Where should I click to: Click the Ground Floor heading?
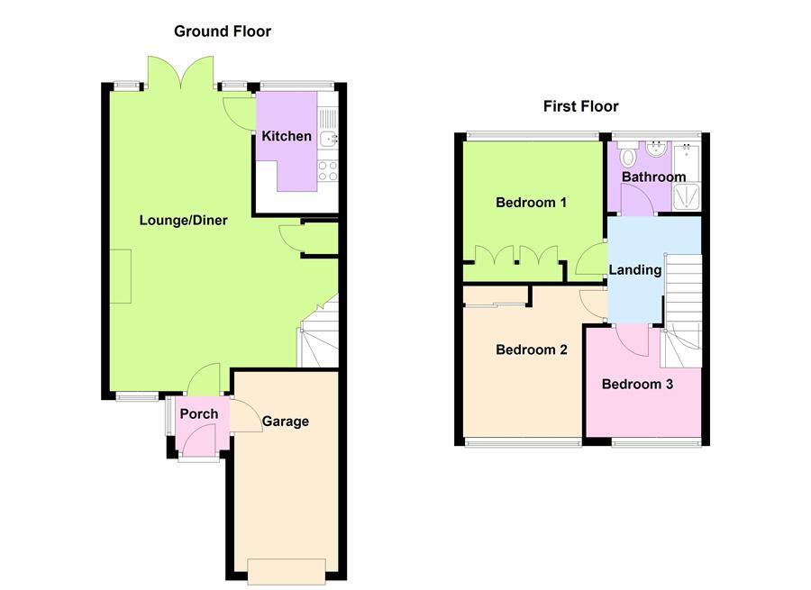tap(222, 32)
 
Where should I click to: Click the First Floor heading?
tap(580, 106)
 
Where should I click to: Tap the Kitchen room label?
tap(287, 137)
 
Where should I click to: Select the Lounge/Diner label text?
tap(183, 221)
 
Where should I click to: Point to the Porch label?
tap(198, 414)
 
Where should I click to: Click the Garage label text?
tap(286, 422)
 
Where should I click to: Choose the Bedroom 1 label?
tap(531, 203)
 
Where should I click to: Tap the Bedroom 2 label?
tap(531, 349)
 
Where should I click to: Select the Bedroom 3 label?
tap(637, 385)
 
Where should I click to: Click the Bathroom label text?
tap(653, 177)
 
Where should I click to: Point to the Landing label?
tap(635, 269)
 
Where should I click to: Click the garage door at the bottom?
tap(286, 571)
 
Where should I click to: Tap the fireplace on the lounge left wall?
tap(121, 277)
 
